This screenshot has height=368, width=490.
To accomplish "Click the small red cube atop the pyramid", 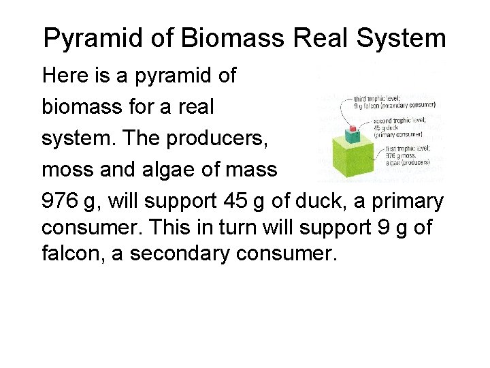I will click(353, 128).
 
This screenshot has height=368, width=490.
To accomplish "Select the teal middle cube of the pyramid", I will click(353, 137).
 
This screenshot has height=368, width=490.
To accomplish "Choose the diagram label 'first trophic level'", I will click(407, 148).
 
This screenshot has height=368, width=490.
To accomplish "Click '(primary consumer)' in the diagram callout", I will click(398, 135).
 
